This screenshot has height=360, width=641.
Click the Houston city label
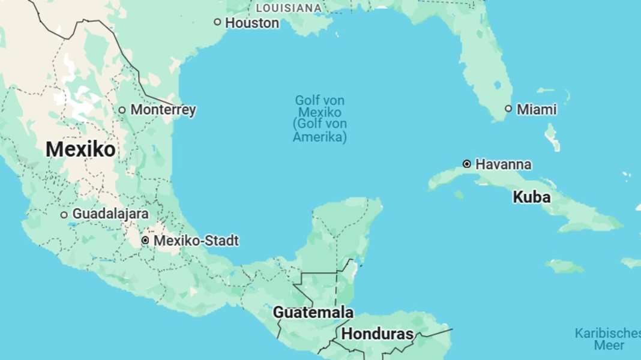click(x=251, y=23)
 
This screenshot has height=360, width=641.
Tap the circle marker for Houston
click(x=217, y=22)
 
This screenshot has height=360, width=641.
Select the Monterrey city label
click(x=163, y=110)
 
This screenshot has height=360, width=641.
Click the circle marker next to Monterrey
click(x=122, y=110)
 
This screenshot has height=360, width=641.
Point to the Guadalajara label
click(x=110, y=214)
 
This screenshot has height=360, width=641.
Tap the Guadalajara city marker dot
click(x=64, y=214)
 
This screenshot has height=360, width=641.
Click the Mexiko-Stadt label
click(x=196, y=241)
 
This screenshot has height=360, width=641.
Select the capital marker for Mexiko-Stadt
click(x=145, y=241)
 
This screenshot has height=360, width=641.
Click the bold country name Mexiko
click(x=80, y=149)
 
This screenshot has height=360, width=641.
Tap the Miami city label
click(x=536, y=109)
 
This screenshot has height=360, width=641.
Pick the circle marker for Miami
click(x=508, y=109)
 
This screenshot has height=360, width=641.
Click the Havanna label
click(x=503, y=164)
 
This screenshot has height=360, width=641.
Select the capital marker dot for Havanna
click(x=466, y=164)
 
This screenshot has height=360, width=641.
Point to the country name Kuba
click(x=531, y=197)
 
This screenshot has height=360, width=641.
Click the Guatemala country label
click(x=313, y=313)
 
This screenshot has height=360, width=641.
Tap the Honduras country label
click(x=378, y=334)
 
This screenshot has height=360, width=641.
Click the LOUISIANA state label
click(x=289, y=8)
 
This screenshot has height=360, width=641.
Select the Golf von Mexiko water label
click(x=319, y=106)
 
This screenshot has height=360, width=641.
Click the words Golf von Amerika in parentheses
click(x=319, y=130)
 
